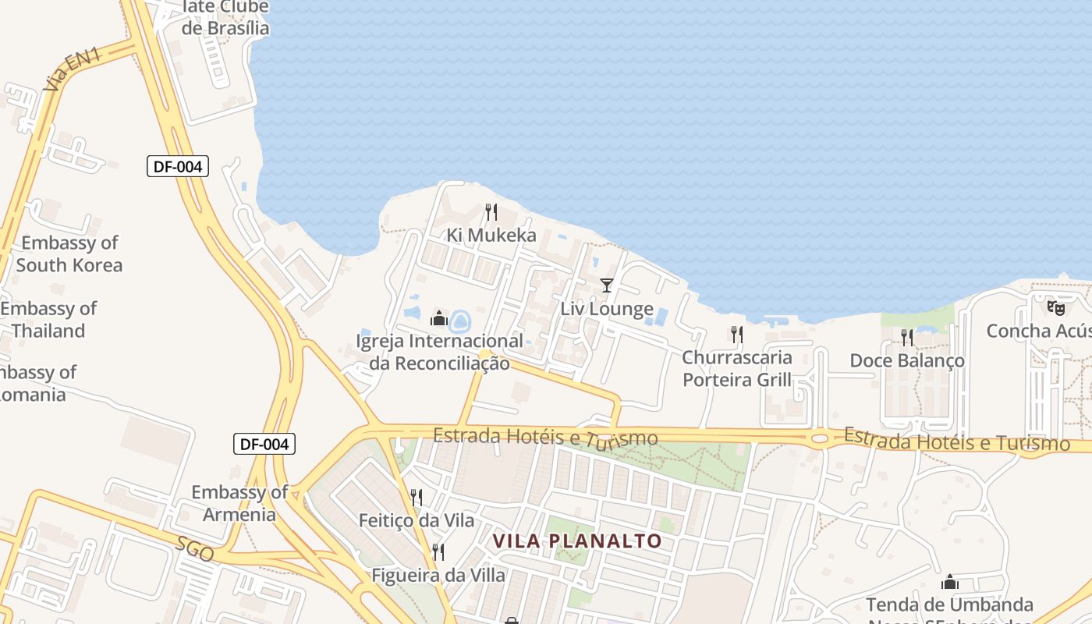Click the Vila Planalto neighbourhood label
coord(577,541)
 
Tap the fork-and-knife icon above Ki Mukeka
coord(491,211)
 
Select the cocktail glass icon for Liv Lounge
coord(607,285)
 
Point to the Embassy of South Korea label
coord(69,254)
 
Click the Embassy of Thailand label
coord(48,320)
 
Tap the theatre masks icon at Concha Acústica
coord(1056,308)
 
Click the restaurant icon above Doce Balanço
coord(906,338)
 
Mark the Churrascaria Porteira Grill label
coord(737,369)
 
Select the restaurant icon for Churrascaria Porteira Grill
coord(736,335)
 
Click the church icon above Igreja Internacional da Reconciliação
coord(439,318)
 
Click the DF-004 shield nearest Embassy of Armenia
coord(264,445)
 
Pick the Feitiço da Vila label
coord(416,519)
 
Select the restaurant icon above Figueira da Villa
coord(438,552)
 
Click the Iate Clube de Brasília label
coord(225,17)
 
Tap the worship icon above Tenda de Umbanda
coord(949,582)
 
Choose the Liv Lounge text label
coord(607,309)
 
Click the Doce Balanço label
coord(906,360)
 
